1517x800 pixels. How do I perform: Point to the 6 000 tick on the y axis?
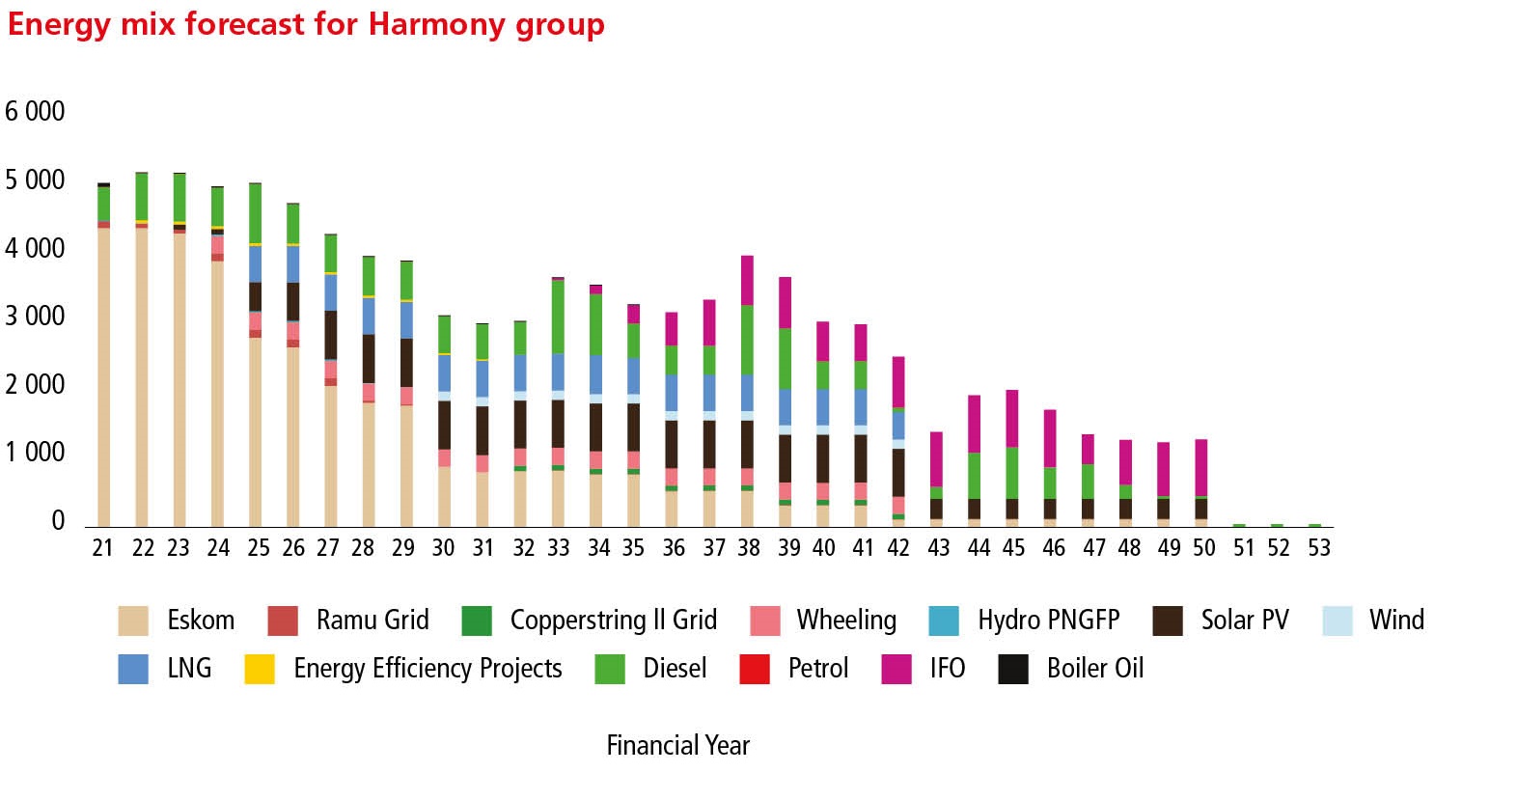coord(35,111)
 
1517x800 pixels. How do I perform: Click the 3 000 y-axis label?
coord(35,316)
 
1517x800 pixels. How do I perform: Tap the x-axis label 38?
coord(749,548)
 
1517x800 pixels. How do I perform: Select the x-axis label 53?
coord(1318,548)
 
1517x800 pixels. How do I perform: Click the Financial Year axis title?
coord(677,745)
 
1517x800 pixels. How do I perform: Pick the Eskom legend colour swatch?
coord(133,621)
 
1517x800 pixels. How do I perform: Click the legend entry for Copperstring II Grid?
coord(613,620)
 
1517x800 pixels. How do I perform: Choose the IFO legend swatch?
coord(896,669)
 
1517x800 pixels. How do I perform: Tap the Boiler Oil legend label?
coord(1094,669)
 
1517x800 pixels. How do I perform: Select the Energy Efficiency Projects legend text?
coord(428,669)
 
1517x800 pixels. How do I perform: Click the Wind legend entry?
coord(1396,620)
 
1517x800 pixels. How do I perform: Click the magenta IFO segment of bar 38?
coord(747,280)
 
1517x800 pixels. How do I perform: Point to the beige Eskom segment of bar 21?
coord(103,376)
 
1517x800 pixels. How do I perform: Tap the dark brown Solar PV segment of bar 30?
coord(444,425)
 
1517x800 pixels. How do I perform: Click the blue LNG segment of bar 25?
coord(256,263)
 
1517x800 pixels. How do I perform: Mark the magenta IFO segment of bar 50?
coord(1201,468)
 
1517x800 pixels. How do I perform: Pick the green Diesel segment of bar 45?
coord(1012,473)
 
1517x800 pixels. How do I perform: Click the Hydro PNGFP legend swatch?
coord(944,621)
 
